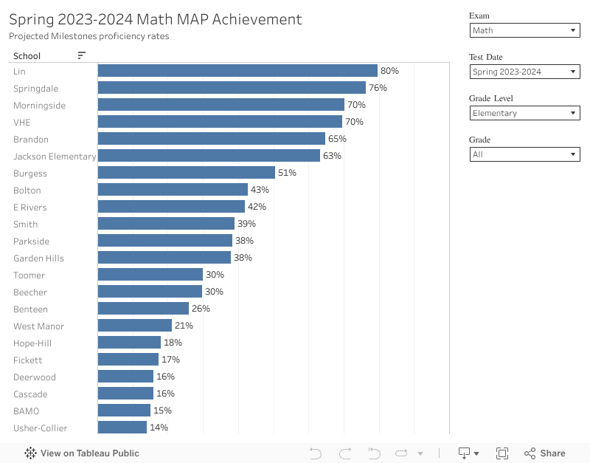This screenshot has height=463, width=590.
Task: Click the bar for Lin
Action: point(237,71)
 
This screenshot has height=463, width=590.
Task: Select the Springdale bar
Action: point(232,88)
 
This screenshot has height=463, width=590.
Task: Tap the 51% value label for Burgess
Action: point(287,173)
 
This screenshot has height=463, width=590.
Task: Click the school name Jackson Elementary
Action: point(55,156)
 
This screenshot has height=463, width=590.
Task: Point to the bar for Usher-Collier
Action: point(122,428)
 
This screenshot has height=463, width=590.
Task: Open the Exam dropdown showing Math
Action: point(524,30)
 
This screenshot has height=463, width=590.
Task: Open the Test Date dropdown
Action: point(524,72)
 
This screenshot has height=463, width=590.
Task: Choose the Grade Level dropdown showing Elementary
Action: point(524,113)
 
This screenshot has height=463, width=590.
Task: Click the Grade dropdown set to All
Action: point(524,154)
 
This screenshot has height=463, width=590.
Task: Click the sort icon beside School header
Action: point(81,55)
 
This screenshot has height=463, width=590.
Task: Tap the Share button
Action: point(545,453)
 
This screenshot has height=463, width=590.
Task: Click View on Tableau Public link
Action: point(82,453)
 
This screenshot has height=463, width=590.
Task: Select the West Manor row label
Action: point(38,326)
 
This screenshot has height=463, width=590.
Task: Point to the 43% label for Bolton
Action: point(260,190)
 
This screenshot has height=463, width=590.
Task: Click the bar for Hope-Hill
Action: point(129,343)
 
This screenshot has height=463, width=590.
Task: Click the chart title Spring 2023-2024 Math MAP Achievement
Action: point(156,20)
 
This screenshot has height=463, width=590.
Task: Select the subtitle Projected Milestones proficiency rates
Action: point(88,36)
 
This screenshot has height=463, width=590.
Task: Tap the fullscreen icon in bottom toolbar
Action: point(502,453)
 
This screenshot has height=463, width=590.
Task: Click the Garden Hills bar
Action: point(164,258)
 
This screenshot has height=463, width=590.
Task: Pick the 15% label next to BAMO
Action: point(162,411)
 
